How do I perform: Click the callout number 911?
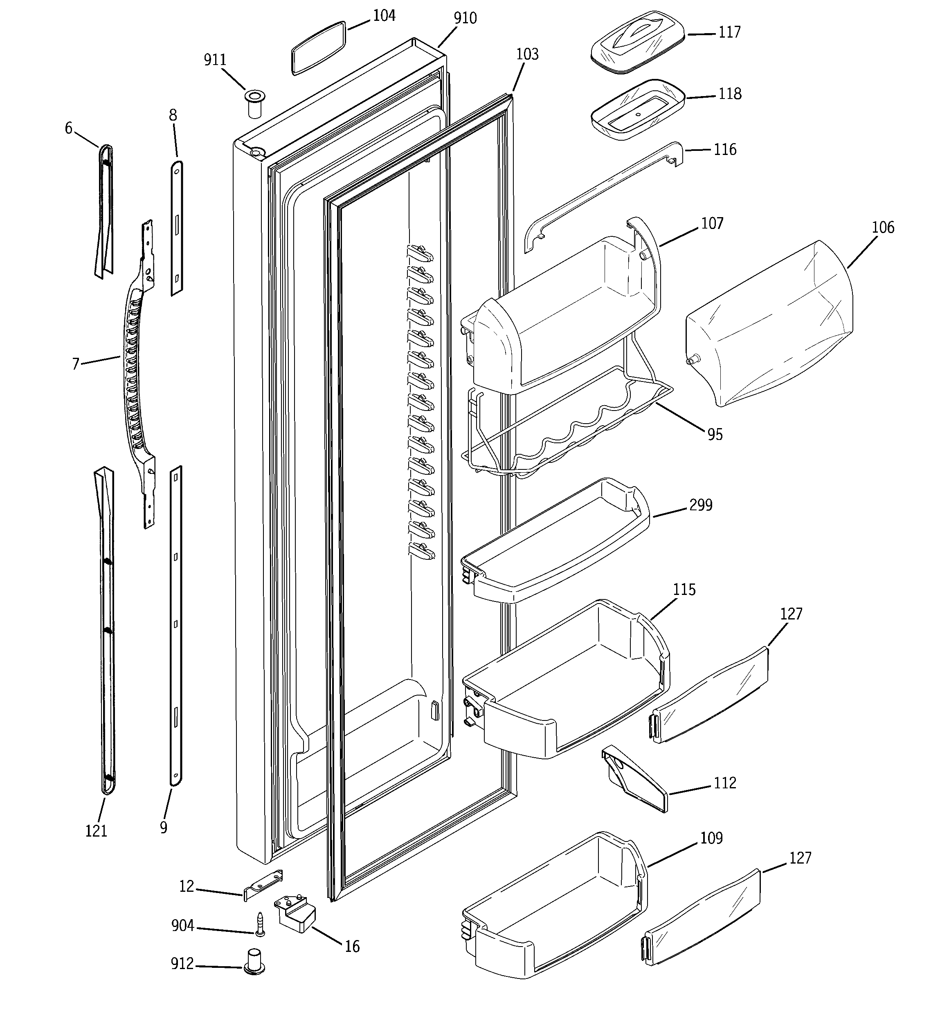click(215, 60)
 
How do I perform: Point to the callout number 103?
click(527, 54)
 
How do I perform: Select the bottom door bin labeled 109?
click(555, 911)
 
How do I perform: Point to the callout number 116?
click(725, 150)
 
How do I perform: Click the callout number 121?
click(96, 831)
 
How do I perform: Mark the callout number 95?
click(715, 434)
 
